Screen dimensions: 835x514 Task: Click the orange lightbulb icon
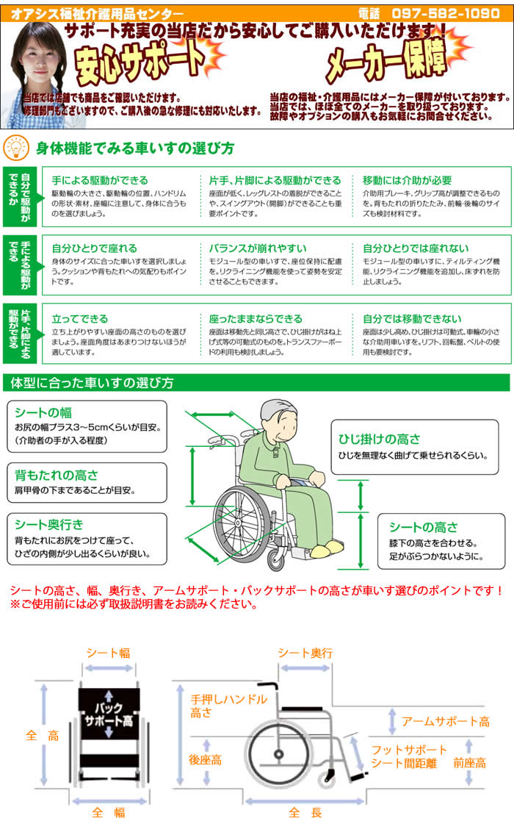(x=15, y=147)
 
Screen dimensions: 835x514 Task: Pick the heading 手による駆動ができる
(x=100, y=180)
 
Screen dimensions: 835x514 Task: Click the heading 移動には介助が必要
(x=407, y=180)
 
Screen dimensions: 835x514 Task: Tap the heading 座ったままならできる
(x=256, y=318)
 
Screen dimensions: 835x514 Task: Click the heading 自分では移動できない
(x=412, y=318)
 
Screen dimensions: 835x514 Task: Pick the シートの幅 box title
(x=43, y=413)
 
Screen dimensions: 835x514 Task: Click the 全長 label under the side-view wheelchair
(x=295, y=813)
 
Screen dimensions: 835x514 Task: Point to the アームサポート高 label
(x=445, y=721)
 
